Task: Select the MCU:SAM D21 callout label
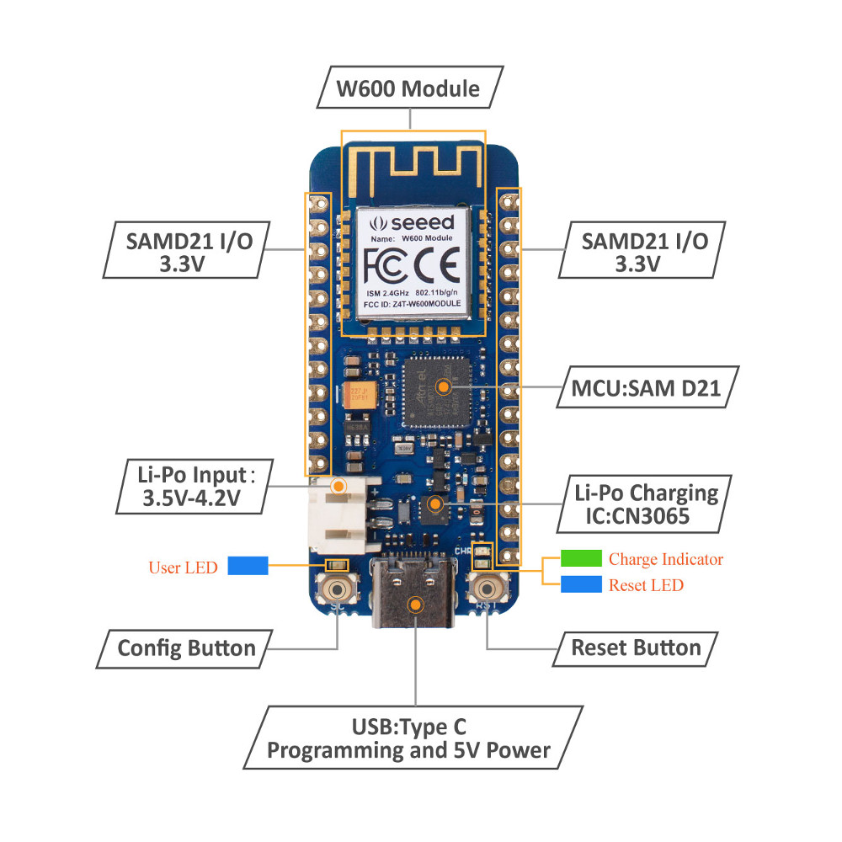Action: point(642,387)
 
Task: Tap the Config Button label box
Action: point(186,648)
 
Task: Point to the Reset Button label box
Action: point(636,648)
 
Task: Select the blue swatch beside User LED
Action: point(248,566)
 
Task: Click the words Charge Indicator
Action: point(665,559)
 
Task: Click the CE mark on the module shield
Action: point(438,267)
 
